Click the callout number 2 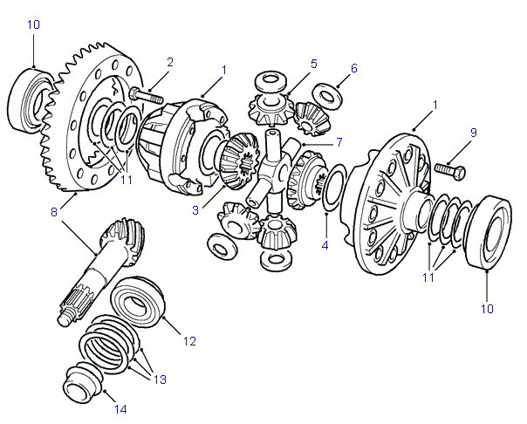169,62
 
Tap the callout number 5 313,64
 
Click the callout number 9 473,133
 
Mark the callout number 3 197,209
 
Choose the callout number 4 325,245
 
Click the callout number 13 161,380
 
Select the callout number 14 120,408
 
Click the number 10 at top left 33,24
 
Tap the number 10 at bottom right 486,308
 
